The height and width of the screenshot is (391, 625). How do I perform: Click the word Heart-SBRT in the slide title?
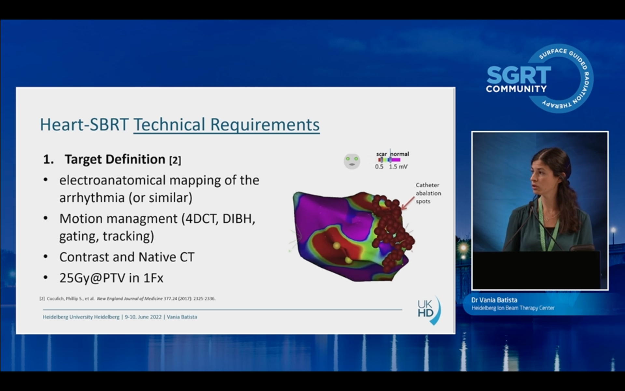[84, 124]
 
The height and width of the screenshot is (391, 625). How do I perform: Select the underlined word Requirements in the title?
[265, 125]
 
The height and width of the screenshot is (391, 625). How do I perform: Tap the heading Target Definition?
[115, 159]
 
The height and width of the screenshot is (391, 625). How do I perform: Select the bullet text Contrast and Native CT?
[127, 257]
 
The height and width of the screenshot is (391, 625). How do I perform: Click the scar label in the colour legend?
[382, 154]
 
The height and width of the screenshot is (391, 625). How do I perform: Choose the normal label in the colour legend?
[400, 154]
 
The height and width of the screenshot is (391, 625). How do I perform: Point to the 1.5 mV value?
[398, 167]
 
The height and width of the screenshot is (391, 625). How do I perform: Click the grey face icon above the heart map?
[352, 161]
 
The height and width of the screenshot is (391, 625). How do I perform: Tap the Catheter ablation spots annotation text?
[428, 193]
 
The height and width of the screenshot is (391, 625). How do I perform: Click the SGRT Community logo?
[539, 79]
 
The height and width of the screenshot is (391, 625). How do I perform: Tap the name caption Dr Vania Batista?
[494, 300]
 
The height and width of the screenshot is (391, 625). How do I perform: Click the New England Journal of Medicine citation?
[130, 298]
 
